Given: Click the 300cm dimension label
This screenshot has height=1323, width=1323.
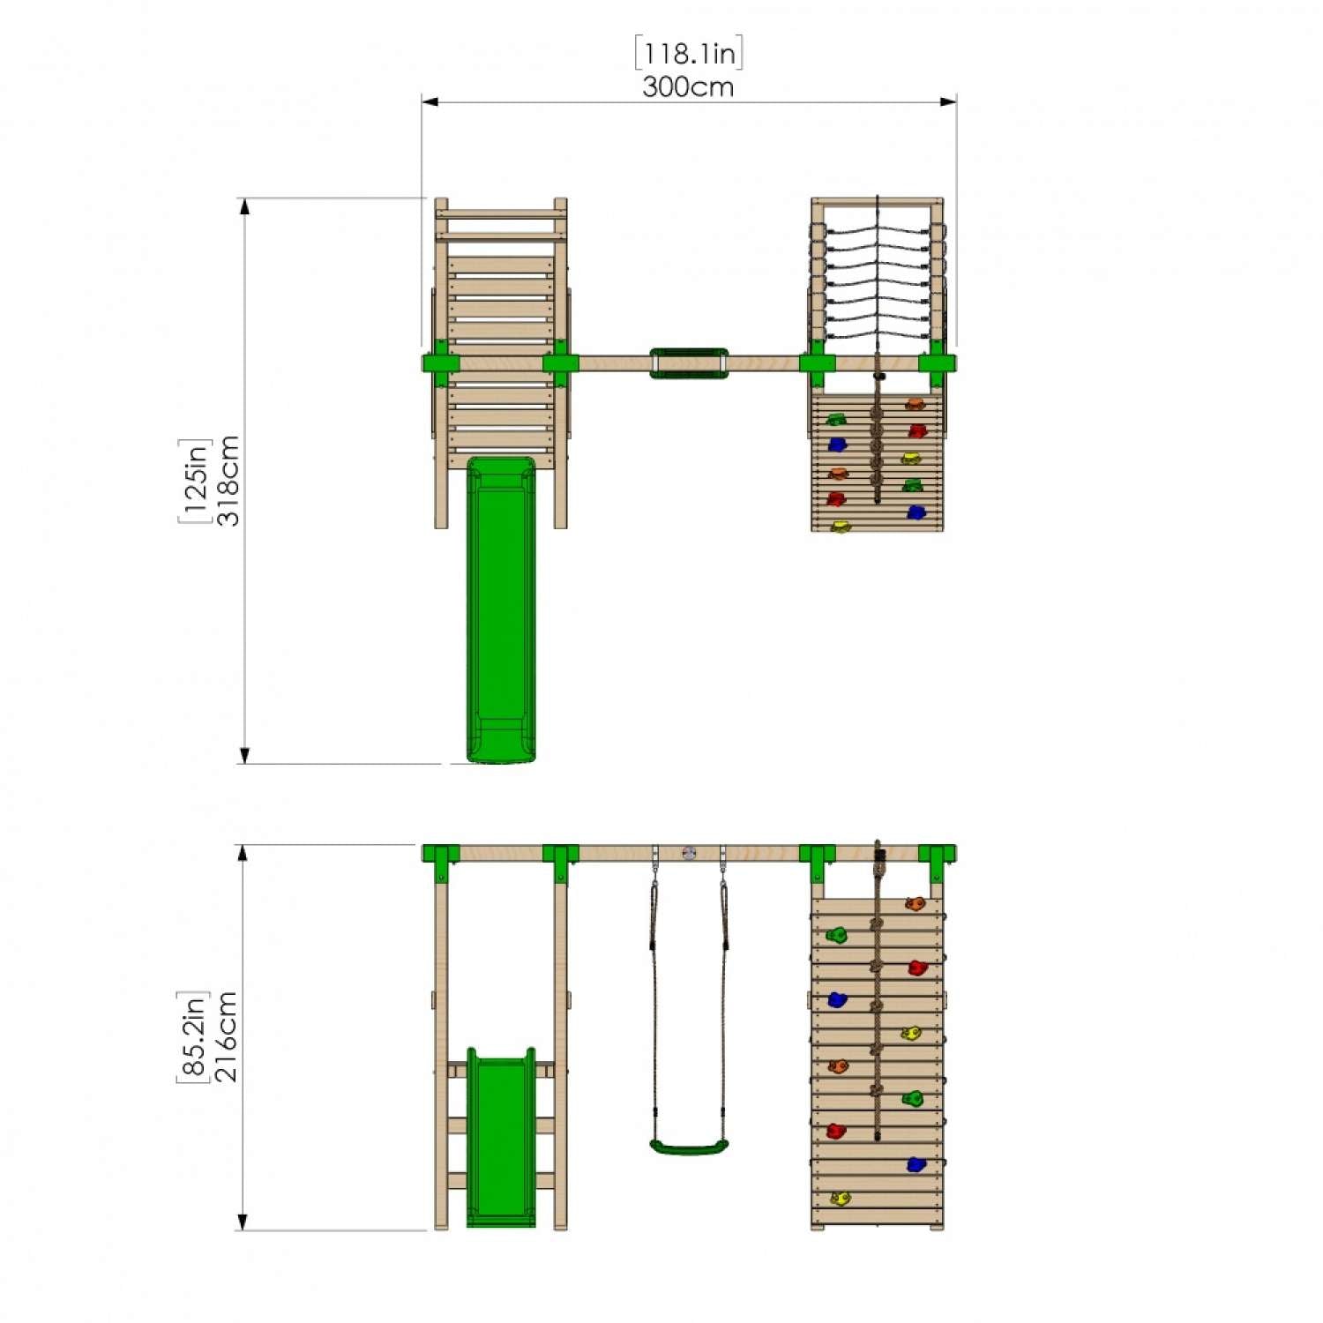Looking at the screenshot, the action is point(688,86).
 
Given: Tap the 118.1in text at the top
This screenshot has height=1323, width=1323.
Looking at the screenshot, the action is point(689,54).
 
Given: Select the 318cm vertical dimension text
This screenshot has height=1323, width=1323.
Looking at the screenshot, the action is point(228,481).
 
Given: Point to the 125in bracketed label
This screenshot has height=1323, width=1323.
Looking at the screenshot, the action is point(195,481).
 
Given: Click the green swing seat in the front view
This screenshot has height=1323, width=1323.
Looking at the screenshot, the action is point(690,1147).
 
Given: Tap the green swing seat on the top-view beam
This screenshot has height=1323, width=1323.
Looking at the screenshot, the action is point(690,363).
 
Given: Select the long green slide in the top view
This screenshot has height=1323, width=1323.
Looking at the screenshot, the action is point(501,609).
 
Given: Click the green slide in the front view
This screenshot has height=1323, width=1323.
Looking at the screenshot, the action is point(501,1138).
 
